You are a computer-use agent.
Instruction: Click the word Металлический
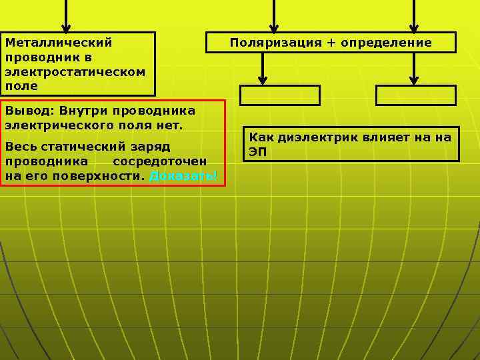click(59, 43)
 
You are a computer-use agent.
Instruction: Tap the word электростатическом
click(75, 72)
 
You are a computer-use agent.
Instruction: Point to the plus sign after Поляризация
click(331, 43)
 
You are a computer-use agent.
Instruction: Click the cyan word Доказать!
click(183, 176)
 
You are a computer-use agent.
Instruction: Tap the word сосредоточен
click(159, 161)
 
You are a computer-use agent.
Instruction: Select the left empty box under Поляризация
click(280, 95)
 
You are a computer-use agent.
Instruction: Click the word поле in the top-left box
click(21, 87)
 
